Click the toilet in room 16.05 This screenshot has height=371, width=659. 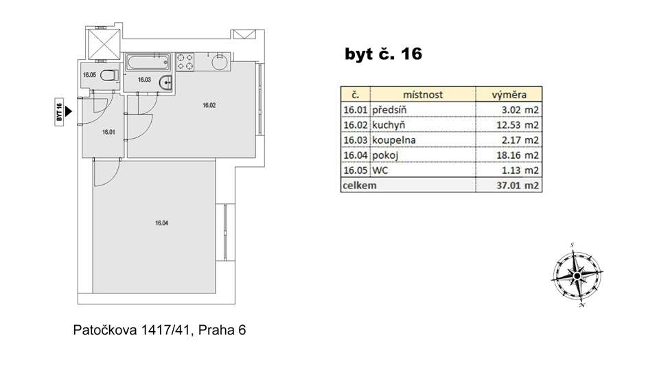pos(110,76)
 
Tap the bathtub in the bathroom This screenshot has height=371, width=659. pos(148,63)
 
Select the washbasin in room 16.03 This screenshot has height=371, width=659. pos(166,83)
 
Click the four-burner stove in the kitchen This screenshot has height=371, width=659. pos(185,62)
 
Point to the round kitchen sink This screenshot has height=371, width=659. pos(220,63)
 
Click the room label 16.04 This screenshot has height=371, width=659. pos(162,223)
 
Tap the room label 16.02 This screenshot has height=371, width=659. pos(209,105)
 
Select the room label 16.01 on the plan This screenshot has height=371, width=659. pos(108,132)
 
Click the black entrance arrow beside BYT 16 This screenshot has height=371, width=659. pos(69,111)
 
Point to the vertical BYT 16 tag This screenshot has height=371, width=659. pos(59,112)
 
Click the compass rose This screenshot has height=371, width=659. pos(577,276)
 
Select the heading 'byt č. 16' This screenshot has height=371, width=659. pos(383,54)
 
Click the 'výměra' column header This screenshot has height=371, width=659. pos(509,95)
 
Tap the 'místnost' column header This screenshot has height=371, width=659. pos(423,95)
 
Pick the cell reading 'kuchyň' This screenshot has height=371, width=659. pos(389,125)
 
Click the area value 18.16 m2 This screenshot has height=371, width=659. pos(518,155)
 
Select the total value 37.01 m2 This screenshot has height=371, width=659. pos(518,185)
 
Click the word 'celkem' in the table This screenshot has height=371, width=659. pos(360,185)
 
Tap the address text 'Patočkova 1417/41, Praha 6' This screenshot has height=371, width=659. pos(159,330)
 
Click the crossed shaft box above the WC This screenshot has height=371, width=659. pos(104,43)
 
